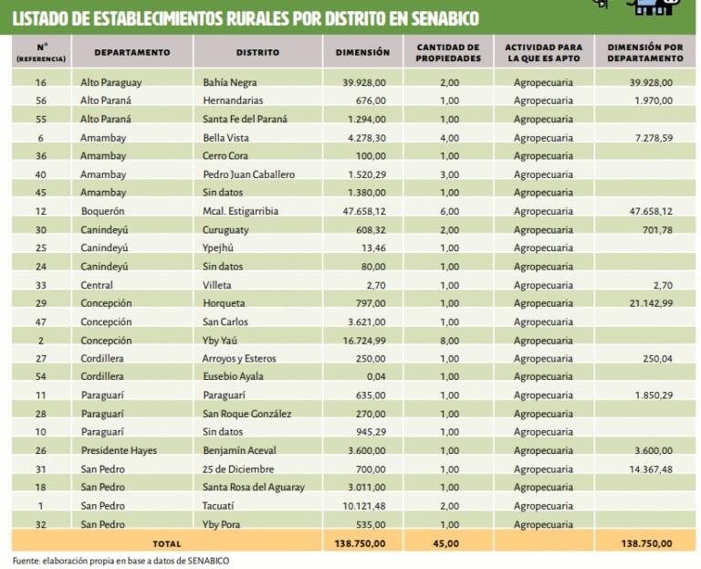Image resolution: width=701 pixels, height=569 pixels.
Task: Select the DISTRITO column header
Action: [256, 53]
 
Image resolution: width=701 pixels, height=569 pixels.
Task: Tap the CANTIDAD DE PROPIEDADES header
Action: [448, 52]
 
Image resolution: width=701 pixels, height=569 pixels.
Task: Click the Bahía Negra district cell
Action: [231, 82]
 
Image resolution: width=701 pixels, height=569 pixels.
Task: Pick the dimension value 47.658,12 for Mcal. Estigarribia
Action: [363, 211]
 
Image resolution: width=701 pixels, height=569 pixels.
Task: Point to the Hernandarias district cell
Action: [234, 100]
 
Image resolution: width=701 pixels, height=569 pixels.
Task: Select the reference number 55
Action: [40, 119]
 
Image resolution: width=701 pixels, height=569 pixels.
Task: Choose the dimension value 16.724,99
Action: [363, 340]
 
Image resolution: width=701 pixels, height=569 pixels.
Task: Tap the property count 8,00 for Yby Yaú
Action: [449, 340]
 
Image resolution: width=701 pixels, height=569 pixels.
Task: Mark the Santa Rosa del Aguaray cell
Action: [254, 488]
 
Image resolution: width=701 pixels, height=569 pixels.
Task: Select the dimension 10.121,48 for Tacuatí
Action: [363, 506]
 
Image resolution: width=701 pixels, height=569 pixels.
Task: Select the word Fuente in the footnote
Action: [27, 560]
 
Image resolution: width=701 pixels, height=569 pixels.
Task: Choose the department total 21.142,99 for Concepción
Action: [646, 303]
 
